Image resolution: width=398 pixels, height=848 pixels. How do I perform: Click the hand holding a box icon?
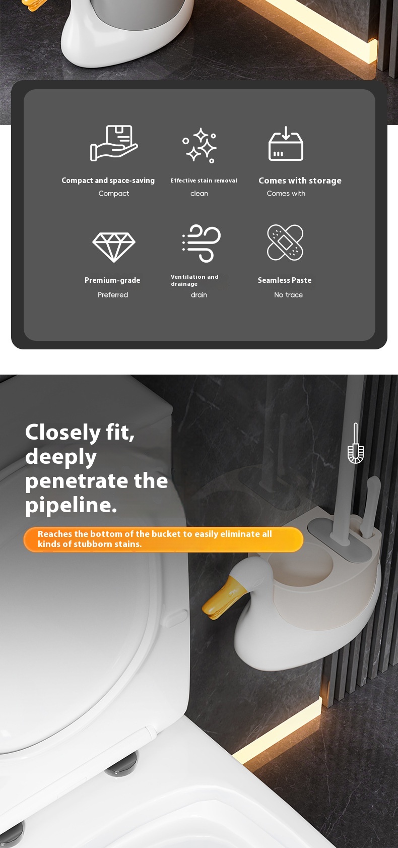coord(113,143)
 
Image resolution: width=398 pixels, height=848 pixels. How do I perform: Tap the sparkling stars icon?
coord(200,145)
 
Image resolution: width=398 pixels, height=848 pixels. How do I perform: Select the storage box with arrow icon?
coord(286,144)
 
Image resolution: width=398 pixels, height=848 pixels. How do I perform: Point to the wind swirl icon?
coord(202,243)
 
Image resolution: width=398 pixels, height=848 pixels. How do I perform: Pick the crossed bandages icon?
coord(285,243)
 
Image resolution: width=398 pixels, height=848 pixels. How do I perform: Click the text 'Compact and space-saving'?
coord(108,180)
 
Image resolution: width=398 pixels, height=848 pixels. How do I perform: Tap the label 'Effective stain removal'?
coord(204,180)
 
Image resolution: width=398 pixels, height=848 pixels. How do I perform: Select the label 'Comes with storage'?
coord(300,180)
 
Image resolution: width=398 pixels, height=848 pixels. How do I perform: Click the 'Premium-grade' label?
coord(112,280)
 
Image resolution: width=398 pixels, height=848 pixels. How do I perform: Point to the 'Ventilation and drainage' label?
coord(194,280)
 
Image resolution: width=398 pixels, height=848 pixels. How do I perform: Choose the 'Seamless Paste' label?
coord(285,280)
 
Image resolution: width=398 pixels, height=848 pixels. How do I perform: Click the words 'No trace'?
coord(288,294)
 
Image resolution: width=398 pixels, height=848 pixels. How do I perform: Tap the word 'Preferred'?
coord(113,294)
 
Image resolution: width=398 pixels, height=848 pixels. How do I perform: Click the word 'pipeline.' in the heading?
coord(71,505)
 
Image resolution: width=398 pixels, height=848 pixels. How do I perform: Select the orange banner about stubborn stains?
coord(163,539)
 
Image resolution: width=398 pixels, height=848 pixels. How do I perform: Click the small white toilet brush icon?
coord(356,443)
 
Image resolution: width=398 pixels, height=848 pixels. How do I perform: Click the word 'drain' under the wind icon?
coord(199,294)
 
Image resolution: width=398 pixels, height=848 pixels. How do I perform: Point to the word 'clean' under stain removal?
coord(199,194)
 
